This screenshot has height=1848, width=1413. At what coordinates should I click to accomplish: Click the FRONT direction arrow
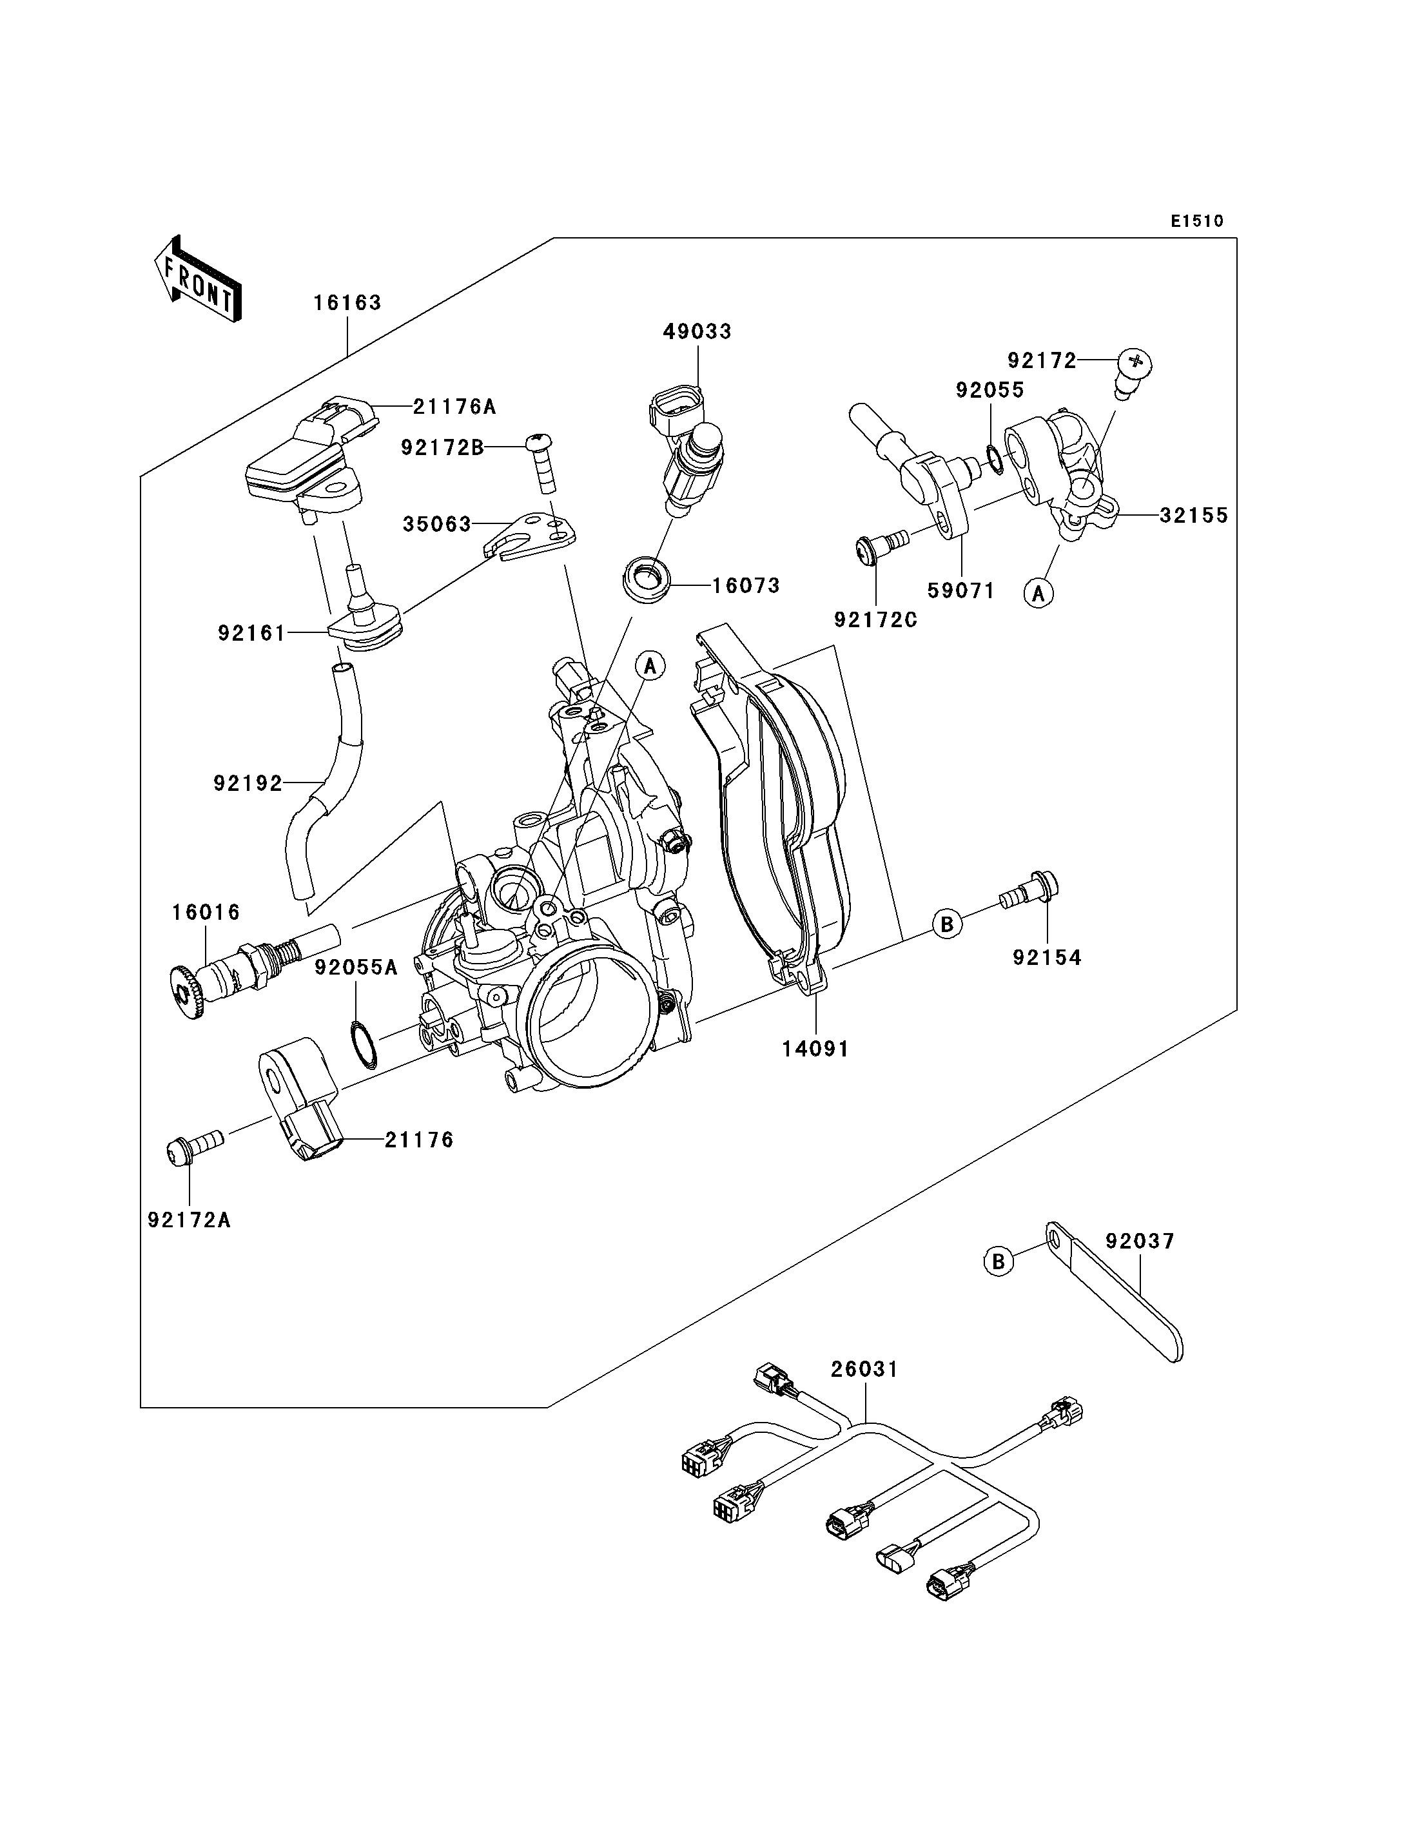click(x=199, y=279)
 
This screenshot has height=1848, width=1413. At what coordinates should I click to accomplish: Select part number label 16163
click(x=347, y=303)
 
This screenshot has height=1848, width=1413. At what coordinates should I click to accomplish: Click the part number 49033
click(x=697, y=331)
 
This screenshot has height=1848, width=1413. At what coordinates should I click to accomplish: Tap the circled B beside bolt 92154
click(x=947, y=924)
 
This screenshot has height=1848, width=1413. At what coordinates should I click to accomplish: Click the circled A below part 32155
click(x=1038, y=593)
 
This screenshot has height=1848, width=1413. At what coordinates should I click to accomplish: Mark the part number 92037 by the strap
click(x=1140, y=1241)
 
